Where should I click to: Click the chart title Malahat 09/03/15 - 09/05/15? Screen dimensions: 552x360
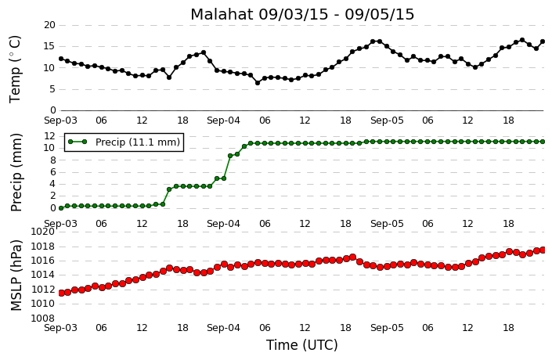(x=302, y=14)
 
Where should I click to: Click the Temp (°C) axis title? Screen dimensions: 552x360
(x=15, y=70)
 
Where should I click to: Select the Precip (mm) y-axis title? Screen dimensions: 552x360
(x=16, y=172)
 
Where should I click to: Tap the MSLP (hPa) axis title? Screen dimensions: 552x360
(x=16, y=275)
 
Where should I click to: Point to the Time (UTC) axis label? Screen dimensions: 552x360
(x=302, y=345)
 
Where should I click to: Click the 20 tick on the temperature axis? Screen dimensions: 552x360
(x=49, y=25)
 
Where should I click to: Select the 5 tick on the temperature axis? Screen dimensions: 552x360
(x=52, y=89)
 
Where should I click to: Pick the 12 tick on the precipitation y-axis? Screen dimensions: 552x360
(x=49, y=136)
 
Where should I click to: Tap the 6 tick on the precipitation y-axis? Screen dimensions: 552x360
(x=52, y=172)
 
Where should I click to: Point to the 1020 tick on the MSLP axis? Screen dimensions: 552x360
(x=42, y=232)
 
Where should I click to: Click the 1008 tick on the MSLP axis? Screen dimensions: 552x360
(x=42, y=319)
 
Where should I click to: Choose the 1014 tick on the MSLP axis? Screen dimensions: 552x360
(x=42, y=275)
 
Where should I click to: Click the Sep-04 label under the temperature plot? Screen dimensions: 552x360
(x=224, y=121)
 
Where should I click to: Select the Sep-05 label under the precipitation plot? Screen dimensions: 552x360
(x=387, y=224)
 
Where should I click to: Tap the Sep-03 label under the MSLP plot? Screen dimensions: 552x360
(x=60, y=328)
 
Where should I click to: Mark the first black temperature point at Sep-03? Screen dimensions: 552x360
(x=61, y=59)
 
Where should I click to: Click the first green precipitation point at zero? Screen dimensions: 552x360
(x=61, y=208)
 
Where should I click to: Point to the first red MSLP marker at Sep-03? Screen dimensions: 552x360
(x=61, y=293)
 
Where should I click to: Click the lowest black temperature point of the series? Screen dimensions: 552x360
(x=258, y=83)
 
